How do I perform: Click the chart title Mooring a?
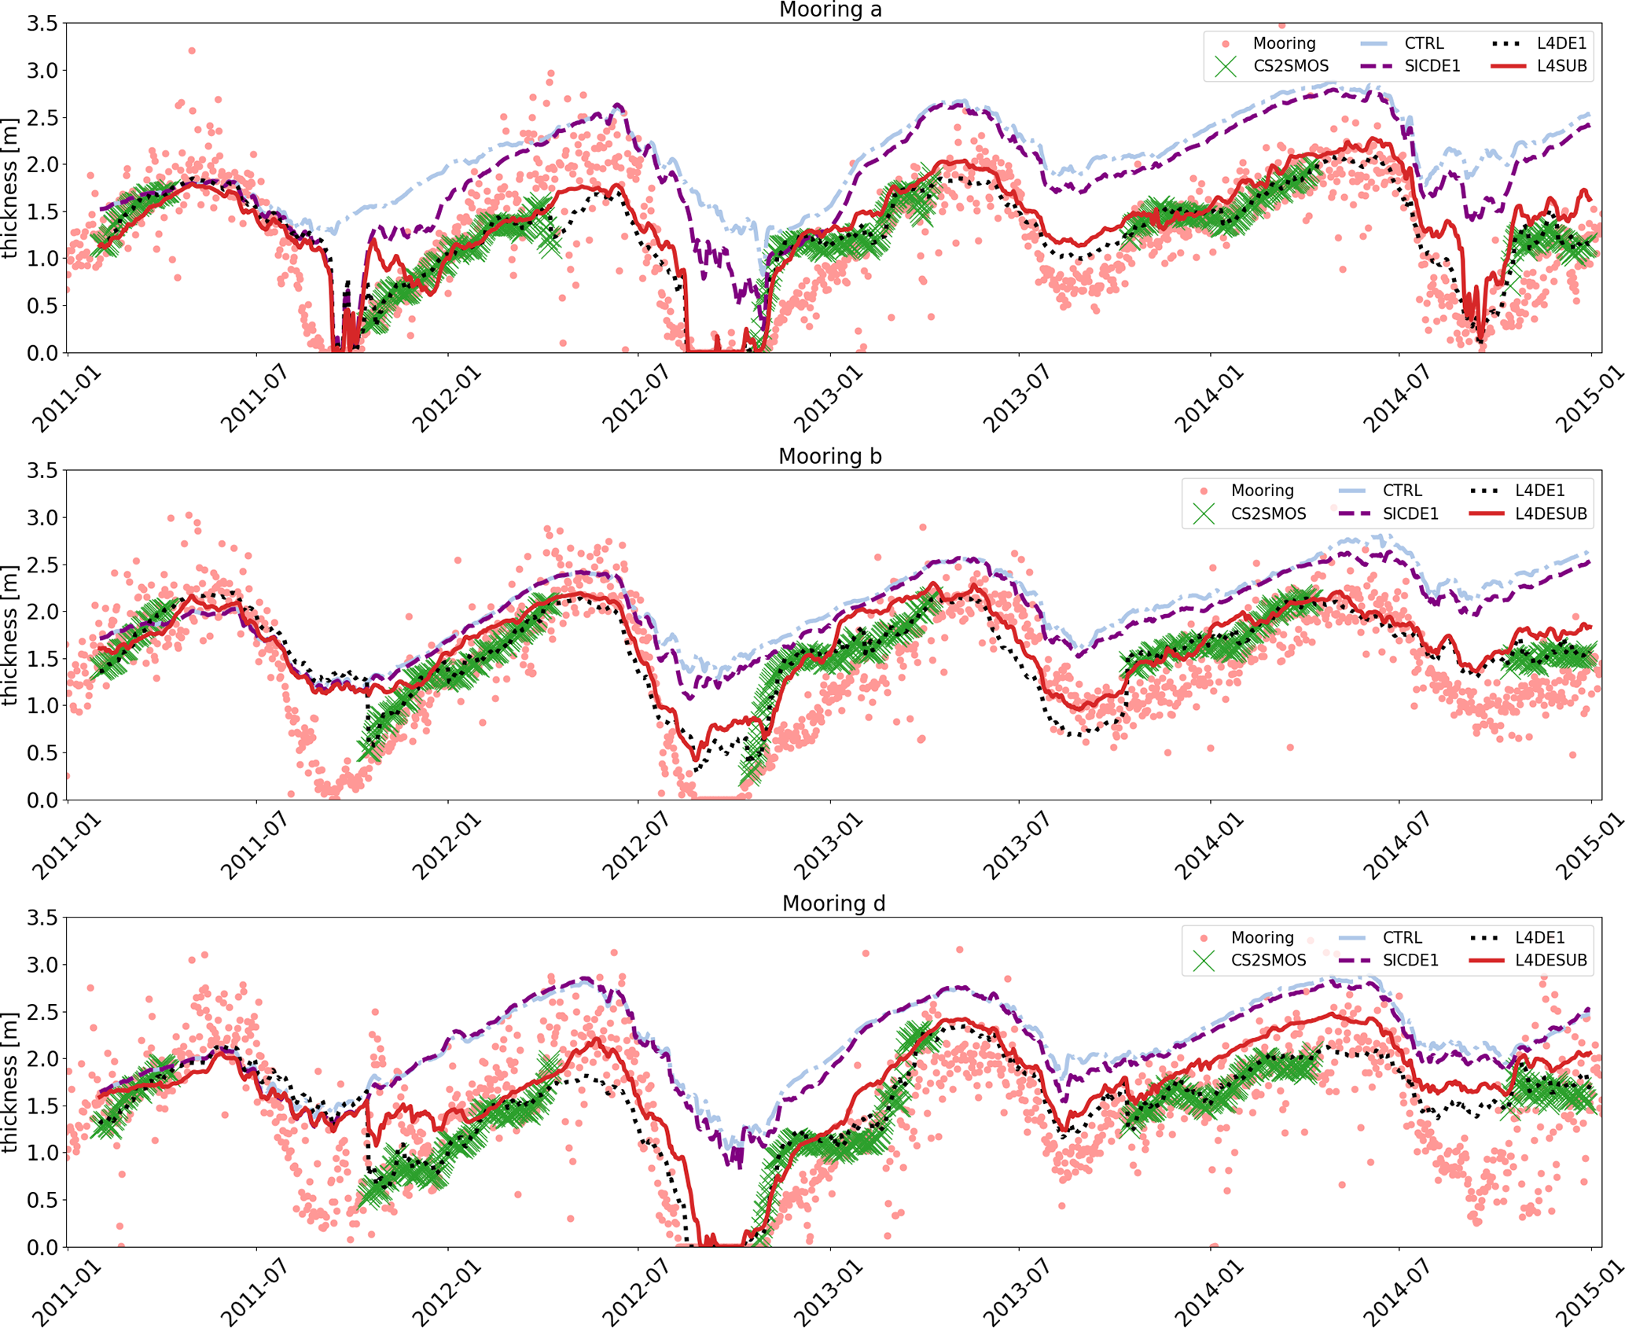[830, 10]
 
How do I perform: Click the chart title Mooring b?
[830, 457]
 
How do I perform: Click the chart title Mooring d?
[833, 904]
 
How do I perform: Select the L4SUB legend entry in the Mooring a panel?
[1561, 66]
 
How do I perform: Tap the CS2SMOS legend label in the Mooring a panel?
[1291, 66]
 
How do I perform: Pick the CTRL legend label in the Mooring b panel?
[1403, 491]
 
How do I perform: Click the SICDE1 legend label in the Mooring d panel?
[1410, 960]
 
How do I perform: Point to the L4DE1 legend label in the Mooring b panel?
[1540, 491]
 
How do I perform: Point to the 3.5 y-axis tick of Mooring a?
[42, 24]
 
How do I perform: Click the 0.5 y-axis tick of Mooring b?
[42, 753]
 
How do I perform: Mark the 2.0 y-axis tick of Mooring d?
[42, 1059]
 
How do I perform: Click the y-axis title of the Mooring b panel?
[10, 635]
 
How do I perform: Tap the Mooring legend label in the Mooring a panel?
[1284, 43]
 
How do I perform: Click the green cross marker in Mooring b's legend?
[1204, 514]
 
